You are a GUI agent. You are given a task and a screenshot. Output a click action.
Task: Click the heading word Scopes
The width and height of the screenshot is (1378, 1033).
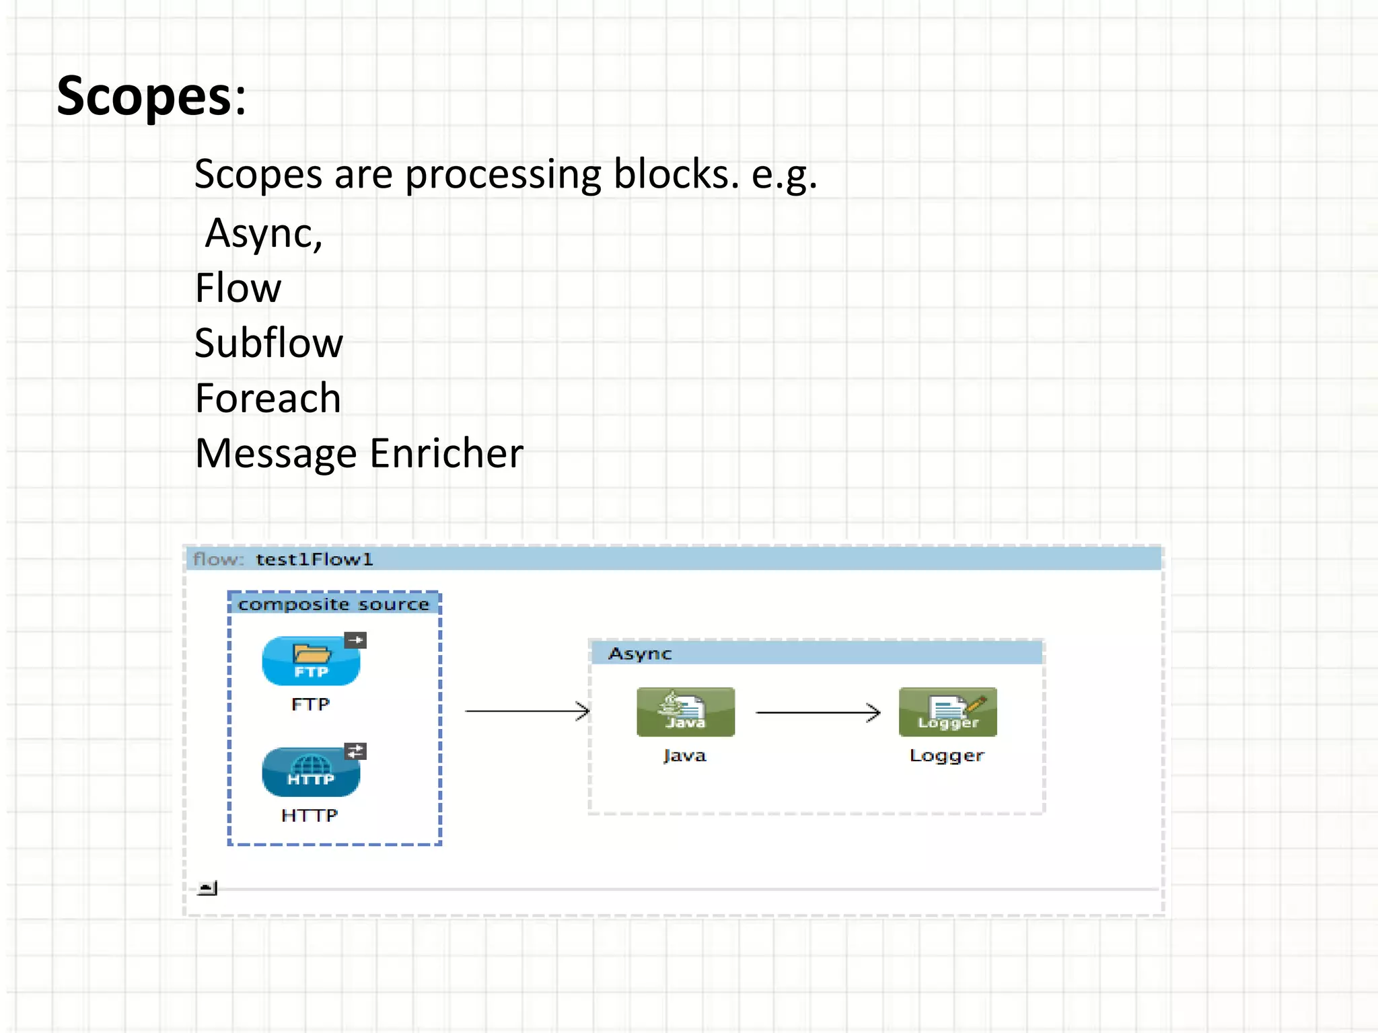(145, 96)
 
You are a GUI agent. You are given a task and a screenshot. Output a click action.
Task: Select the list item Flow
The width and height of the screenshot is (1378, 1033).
(238, 289)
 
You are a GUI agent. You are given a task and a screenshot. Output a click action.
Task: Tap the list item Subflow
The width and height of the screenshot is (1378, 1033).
(268, 343)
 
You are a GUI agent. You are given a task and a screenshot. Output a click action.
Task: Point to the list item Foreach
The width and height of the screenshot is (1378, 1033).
(268, 398)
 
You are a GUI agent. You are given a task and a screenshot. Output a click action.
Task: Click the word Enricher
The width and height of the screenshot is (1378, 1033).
(446, 453)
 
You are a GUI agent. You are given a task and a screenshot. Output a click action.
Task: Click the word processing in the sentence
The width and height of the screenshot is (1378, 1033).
(503, 174)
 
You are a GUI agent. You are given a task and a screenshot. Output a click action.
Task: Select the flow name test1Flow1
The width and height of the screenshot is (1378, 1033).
(314, 560)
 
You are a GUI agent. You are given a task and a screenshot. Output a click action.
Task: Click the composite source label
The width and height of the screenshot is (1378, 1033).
(334, 604)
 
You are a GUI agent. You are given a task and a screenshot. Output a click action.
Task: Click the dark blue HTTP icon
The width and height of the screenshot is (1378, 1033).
(310, 772)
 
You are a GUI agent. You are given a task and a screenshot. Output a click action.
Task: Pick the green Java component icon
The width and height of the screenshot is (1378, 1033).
(685, 712)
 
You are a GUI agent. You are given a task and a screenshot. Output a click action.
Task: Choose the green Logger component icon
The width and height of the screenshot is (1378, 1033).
(947, 712)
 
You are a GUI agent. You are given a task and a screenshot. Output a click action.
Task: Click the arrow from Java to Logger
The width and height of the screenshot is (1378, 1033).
(817, 712)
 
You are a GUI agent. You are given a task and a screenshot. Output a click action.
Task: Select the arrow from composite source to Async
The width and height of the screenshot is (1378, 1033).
(527, 711)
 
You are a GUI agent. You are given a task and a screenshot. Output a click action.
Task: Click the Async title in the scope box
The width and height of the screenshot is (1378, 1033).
(640, 654)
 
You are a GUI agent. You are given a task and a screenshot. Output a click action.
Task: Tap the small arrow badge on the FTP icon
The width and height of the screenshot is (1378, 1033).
(355, 640)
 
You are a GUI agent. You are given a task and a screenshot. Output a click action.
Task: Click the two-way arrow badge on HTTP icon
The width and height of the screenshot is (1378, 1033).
(355, 751)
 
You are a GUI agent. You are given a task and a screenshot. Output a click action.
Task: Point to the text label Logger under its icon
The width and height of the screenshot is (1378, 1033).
(947, 756)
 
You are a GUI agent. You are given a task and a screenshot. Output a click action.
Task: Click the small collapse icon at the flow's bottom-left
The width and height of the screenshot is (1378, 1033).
(207, 888)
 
